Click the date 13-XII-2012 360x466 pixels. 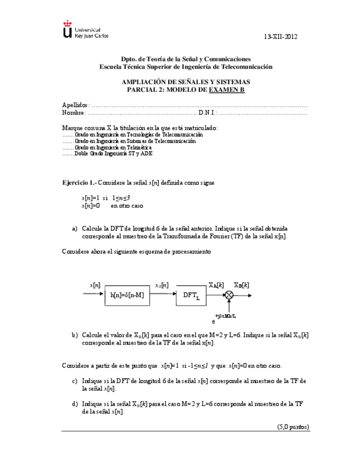coord(280,37)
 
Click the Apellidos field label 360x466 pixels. coord(75,105)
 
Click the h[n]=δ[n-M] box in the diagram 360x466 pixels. coord(126,296)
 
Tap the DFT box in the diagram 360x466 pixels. coord(191,296)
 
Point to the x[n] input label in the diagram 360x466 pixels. coord(95,285)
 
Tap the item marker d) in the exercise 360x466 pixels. coord(75,404)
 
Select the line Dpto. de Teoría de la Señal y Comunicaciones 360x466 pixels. coord(186,59)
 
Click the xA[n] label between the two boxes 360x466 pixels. coord(162,285)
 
